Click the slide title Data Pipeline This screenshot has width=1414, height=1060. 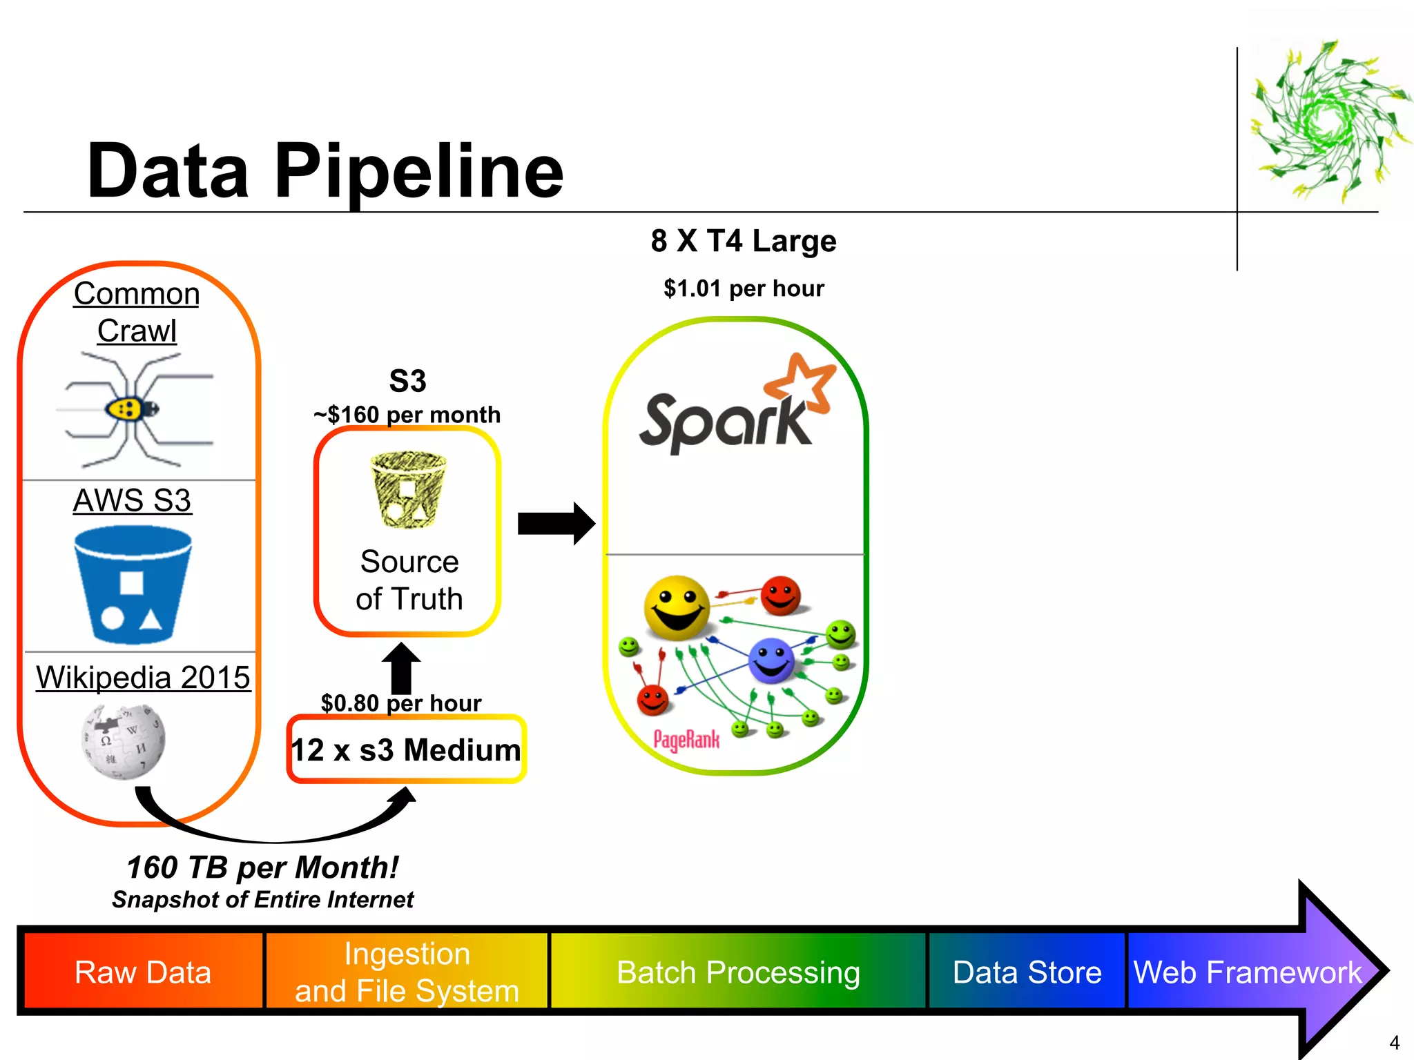(325, 171)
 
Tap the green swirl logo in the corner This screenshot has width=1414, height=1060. (1329, 121)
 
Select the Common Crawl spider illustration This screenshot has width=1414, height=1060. (135, 409)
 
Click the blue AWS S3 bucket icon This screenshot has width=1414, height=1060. (133, 584)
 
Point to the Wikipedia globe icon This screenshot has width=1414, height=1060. (124, 742)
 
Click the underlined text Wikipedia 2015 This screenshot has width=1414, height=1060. (143, 677)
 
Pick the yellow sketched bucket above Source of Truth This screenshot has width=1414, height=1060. (408, 489)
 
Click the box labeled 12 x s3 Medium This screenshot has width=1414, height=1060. (406, 749)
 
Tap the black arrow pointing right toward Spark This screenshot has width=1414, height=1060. (556, 524)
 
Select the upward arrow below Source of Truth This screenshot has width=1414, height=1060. (401, 667)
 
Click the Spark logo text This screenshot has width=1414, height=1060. (725, 422)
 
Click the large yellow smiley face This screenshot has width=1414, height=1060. (677, 607)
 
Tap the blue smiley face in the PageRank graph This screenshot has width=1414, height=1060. (771, 660)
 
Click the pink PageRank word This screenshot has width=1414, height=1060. (686, 740)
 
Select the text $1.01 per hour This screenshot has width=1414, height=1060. (744, 288)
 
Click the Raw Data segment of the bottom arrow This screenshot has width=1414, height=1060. (143, 972)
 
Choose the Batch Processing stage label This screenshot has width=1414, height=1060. (738, 972)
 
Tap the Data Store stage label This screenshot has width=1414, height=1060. (1027, 972)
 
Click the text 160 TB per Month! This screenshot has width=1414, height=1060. (262, 867)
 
